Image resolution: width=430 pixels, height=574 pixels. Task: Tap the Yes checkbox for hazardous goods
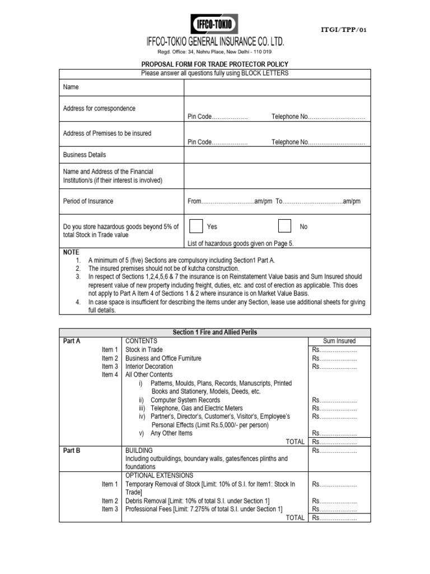click(196, 226)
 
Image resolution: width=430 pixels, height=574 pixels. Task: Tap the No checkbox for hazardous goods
click(284, 226)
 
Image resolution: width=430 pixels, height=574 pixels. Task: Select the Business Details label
click(85, 155)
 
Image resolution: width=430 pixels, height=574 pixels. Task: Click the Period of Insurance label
click(88, 201)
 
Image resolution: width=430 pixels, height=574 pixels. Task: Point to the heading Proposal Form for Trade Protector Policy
click(214, 64)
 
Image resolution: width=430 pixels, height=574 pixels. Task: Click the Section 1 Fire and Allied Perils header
click(215, 332)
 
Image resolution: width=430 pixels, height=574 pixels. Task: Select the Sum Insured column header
click(339, 341)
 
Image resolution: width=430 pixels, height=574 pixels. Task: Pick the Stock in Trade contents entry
click(145, 350)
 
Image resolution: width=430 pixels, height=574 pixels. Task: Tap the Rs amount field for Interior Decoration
click(334, 367)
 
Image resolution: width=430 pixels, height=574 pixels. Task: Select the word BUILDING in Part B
click(139, 450)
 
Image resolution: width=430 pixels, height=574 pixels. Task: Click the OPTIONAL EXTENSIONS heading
click(160, 475)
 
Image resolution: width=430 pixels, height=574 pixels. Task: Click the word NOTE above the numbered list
click(71, 252)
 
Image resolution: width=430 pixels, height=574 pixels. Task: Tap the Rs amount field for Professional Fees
click(334, 509)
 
